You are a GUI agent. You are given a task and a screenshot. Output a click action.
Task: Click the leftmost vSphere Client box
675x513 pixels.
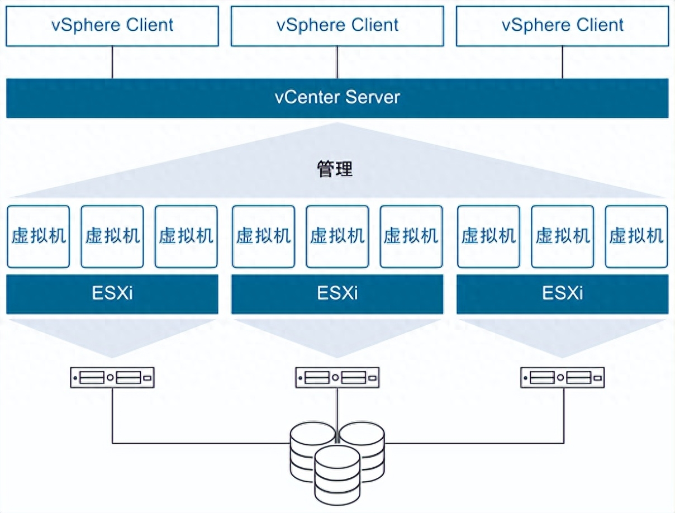[x=112, y=26]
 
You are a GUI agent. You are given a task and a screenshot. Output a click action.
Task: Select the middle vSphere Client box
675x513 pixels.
[x=337, y=26]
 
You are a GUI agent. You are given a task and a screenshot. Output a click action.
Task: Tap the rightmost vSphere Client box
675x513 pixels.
[x=562, y=26]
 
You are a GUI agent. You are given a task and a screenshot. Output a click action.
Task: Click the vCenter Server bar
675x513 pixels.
[x=337, y=98]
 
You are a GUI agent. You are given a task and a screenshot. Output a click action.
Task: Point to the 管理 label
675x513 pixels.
[x=335, y=169]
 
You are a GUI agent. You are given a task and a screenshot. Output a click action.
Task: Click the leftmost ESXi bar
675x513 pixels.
[x=112, y=293]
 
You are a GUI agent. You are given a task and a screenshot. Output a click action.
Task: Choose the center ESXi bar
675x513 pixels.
[x=337, y=293]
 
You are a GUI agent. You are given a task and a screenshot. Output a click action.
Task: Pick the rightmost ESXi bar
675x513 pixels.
[x=562, y=293]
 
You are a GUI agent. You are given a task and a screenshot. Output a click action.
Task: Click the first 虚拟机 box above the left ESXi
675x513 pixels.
[x=39, y=236]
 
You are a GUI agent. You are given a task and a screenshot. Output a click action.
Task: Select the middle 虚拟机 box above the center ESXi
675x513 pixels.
[x=337, y=236]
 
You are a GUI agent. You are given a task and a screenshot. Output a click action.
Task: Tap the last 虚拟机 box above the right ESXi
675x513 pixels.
[x=636, y=236]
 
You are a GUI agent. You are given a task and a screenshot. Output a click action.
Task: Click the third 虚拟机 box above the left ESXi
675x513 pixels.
[x=186, y=236]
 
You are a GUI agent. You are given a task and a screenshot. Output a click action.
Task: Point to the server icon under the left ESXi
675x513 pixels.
[x=112, y=378]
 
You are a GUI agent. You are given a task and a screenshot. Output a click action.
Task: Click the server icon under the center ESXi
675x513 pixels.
[x=337, y=378]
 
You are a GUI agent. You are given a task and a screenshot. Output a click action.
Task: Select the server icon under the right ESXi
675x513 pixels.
[x=562, y=378]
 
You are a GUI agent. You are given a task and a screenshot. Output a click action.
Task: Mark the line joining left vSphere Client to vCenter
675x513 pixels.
[x=112, y=62]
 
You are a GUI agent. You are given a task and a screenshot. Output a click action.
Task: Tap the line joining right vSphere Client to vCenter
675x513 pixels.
[x=562, y=62]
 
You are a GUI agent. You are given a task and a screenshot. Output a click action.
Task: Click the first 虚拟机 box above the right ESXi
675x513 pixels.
[x=488, y=236]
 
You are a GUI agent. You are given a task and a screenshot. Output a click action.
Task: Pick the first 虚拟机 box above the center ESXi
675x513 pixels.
[x=263, y=236]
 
